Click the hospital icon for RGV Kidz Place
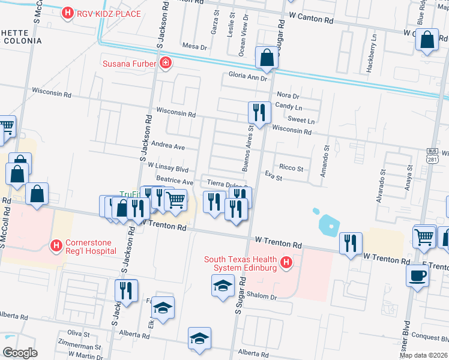pos(68,13)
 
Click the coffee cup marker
pos(418,275)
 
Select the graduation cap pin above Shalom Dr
pos(223,285)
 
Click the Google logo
pos(20,353)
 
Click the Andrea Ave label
pos(168,146)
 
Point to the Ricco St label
pos(292,167)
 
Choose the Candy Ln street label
pos(289,106)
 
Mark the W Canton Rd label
pos(310,20)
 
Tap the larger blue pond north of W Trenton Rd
pos(330,226)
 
